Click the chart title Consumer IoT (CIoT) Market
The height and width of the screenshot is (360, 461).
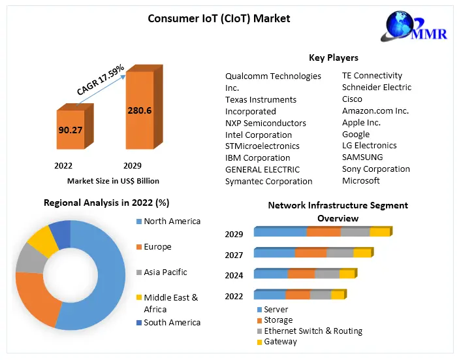219,18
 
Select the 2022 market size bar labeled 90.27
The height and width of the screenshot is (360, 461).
71,130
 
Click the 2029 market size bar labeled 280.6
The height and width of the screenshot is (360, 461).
139,110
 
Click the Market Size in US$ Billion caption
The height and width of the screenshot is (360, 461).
113,181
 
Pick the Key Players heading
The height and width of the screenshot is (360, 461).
333,57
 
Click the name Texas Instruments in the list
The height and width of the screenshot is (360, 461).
261,99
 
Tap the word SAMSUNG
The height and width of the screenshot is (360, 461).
362,157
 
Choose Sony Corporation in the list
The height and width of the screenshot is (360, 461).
375,169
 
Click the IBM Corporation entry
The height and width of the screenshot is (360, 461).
257,157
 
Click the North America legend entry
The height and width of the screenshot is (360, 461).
172,221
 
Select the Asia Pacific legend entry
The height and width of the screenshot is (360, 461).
165,272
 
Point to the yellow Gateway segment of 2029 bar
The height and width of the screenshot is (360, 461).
379,232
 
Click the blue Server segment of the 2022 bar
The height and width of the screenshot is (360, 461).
269,295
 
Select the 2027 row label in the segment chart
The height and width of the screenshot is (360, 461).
234,255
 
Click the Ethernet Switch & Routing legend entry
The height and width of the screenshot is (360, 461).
313,331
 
